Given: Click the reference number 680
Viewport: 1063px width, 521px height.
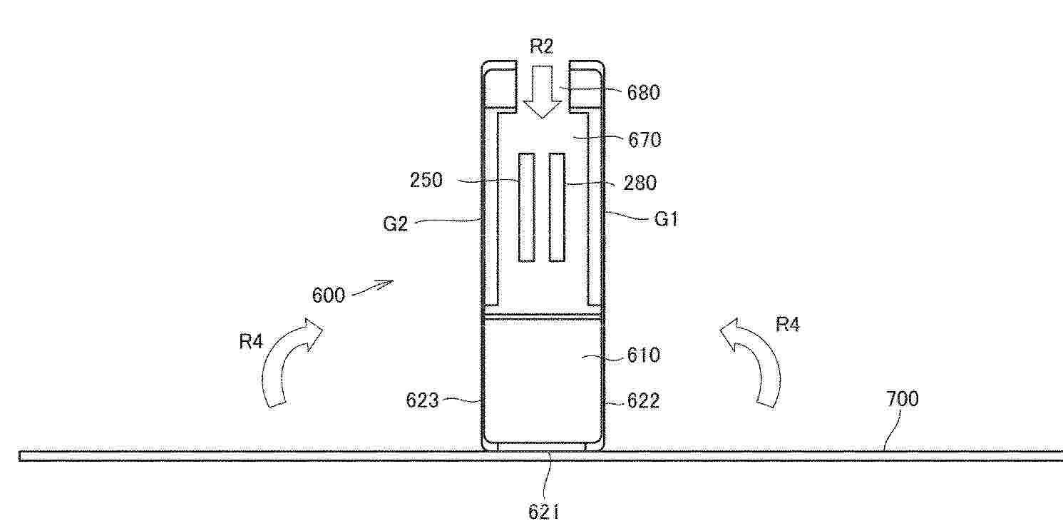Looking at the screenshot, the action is click(x=644, y=93).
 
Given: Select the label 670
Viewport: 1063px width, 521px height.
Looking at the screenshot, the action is click(x=645, y=140).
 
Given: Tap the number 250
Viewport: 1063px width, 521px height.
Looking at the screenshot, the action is click(x=426, y=181).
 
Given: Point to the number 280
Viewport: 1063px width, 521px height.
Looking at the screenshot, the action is click(x=640, y=183).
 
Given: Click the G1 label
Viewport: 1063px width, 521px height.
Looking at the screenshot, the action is click(x=667, y=219).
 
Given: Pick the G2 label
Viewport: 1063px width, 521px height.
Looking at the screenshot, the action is click(x=395, y=223).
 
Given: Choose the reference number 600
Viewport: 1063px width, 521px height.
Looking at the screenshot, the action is click(x=329, y=296).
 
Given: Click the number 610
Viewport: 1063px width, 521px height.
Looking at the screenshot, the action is click(x=644, y=355).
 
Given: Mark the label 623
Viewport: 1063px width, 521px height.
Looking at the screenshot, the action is click(x=422, y=401).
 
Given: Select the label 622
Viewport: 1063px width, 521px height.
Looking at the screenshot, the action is click(x=644, y=402).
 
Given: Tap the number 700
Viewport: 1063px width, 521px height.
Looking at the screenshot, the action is click(x=902, y=399).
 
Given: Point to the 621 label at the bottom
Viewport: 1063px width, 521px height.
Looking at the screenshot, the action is click(x=543, y=512).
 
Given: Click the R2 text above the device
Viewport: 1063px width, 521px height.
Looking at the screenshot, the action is click(x=541, y=46).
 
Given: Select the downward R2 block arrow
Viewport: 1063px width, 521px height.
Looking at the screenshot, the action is click(x=542, y=91).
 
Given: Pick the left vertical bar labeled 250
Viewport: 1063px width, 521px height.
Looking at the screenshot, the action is click(x=527, y=207).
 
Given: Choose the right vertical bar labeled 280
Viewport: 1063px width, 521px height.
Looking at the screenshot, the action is click(x=557, y=207).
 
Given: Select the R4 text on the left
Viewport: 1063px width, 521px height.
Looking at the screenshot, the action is click(x=251, y=341).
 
